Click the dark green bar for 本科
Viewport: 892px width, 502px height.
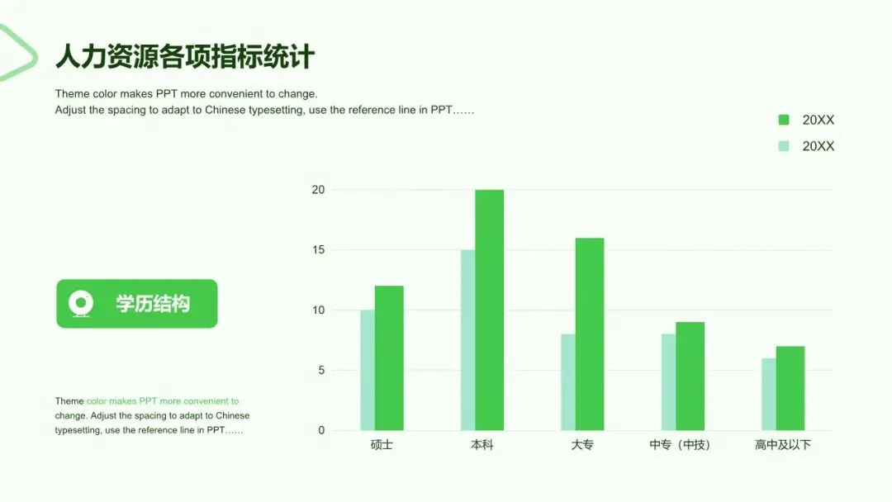pyautogui.click(x=489, y=310)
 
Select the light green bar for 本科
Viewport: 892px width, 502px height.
pyautogui.click(x=468, y=340)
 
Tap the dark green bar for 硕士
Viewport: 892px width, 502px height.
pyautogui.click(x=389, y=358)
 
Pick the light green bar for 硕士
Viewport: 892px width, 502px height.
pyautogui.click(x=368, y=370)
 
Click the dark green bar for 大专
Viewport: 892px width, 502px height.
pyautogui.click(x=590, y=334)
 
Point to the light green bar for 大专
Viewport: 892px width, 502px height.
pyautogui.click(x=568, y=382)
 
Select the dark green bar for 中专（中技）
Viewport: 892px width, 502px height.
pyautogui.click(x=690, y=376)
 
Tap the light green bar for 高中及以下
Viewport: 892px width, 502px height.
pyautogui.click(x=769, y=394)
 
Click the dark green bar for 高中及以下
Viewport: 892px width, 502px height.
pyautogui.click(x=790, y=388)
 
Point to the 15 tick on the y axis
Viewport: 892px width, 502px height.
pyautogui.click(x=318, y=249)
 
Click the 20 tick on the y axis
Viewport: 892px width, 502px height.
pyautogui.click(x=318, y=190)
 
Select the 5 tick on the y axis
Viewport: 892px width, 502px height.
pyautogui.click(x=321, y=370)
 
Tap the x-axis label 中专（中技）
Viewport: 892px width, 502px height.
pyautogui.click(x=681, y=444)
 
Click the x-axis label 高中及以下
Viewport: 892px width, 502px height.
pyautogui.click(x=783, y=444)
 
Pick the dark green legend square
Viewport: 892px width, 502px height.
pyautogui.click(x=784, y=120)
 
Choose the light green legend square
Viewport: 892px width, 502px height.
pyautogui.click(x=784, y=146)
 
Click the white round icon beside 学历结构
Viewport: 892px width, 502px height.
pyautogui.click(x=81, y=304)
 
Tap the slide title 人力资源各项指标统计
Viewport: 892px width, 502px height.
pyautogui.click(x=185, y=56)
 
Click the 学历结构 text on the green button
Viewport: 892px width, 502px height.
pyautogui.click(x=153, y=304)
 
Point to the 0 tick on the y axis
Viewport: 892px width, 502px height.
pyautogui.click(x=321, y=430)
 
